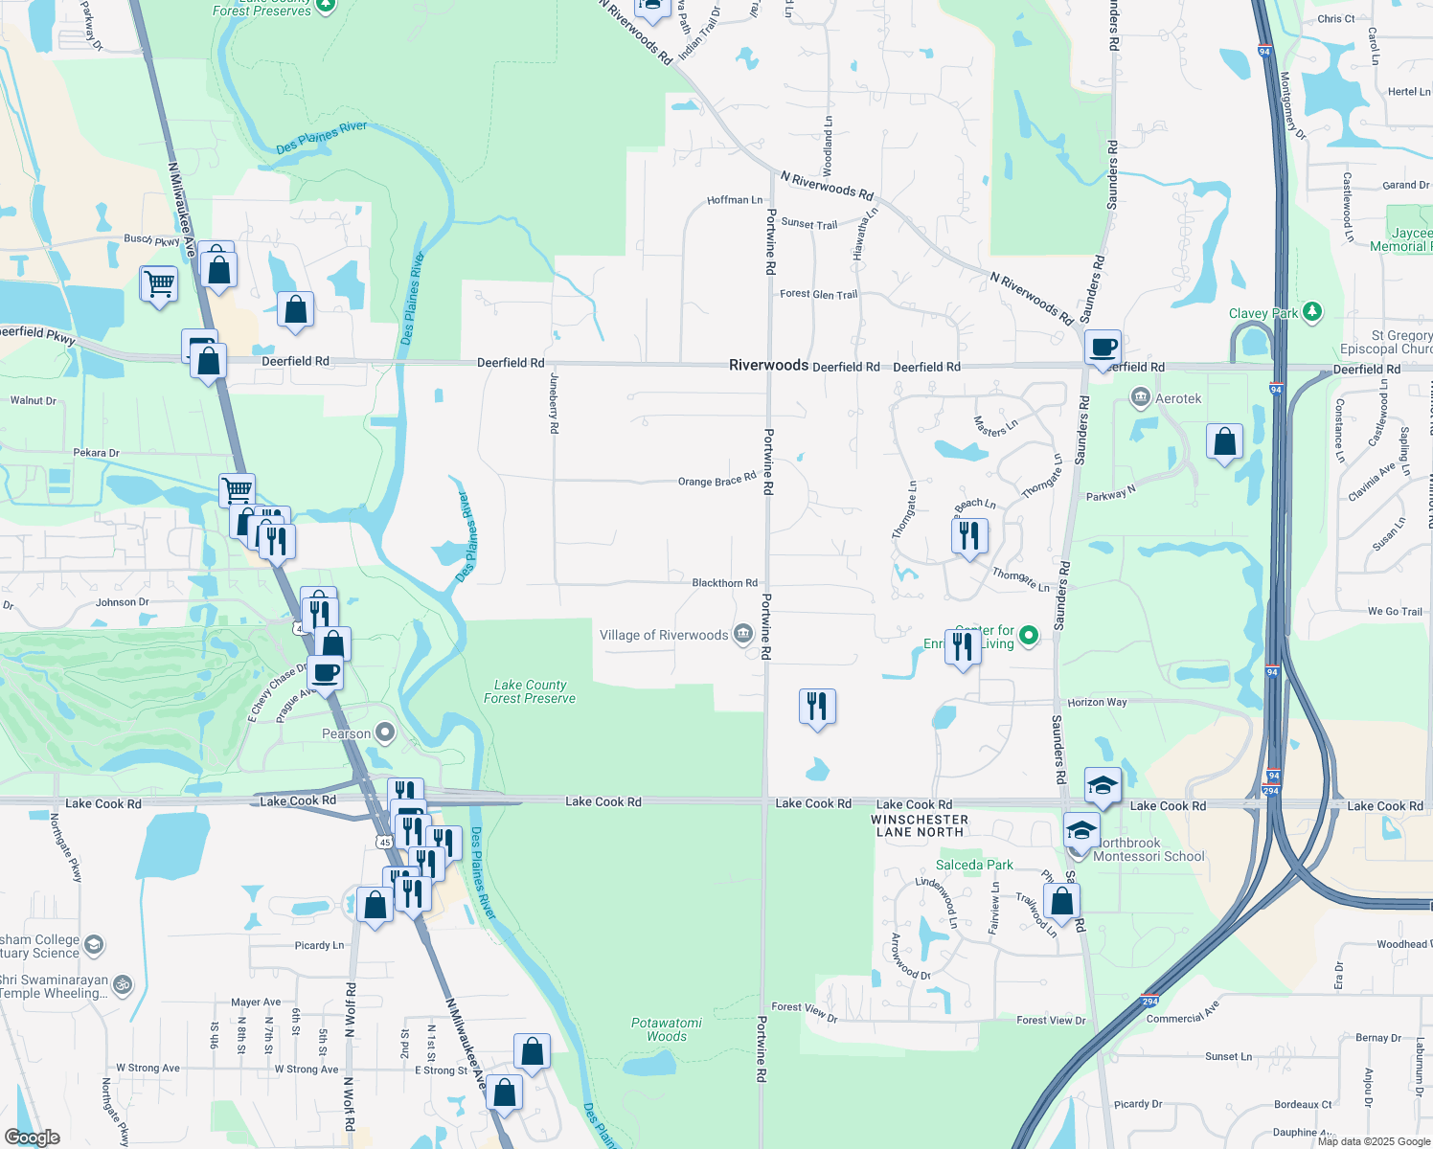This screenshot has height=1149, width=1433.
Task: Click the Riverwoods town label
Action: (768, 365)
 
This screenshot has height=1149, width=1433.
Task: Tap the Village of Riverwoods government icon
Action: (742, 634)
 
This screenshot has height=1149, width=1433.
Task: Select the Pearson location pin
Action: (385, 733)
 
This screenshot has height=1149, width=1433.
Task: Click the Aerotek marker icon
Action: (1140, 397)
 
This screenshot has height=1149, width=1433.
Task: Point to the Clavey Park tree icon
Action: (1311, 312)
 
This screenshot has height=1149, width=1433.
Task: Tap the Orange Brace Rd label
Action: (716, 480)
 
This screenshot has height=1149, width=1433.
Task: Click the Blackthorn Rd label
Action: (724, 582)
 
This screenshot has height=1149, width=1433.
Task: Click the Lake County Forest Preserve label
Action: (530, 691)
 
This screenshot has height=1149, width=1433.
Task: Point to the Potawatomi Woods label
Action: (667, 1029)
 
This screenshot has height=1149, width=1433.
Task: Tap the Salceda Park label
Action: (974, 865)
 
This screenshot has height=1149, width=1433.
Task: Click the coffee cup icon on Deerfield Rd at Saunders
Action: (1103, 348)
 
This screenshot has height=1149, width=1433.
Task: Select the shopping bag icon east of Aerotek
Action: (1224, 441)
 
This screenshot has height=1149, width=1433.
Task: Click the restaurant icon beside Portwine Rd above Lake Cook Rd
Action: (816, 707)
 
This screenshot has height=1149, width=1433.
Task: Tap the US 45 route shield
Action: (384, 842)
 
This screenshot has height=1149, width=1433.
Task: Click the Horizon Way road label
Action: (1097, 702)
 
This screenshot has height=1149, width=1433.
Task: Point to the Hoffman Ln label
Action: (735, 200)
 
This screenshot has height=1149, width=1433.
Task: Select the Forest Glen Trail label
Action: (818, 294)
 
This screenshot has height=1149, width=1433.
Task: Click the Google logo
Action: (33, 1137)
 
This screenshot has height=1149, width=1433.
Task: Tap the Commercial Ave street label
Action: (1183, 1012)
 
